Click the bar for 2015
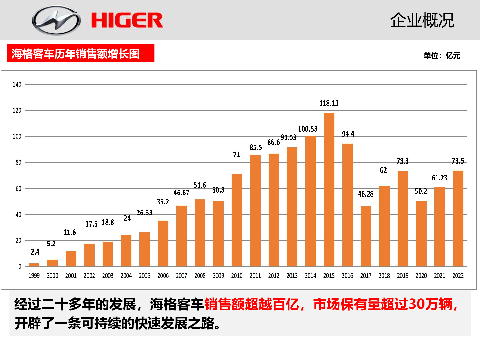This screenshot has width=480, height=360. coord(329,190)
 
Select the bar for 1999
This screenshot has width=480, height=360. coord(34,265)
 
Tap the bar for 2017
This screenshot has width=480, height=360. coord(366,236)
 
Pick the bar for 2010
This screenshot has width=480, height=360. coord(237,220)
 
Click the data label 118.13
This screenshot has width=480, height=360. coord(329,103)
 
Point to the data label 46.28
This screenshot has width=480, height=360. coord(366,194)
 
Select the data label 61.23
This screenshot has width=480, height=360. coord(439,178)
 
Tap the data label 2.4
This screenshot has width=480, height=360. coord(35,252)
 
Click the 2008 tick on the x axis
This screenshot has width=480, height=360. coord(200,276)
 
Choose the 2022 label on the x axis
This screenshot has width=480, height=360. coord(458,276)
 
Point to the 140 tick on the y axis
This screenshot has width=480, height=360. coord(17,84)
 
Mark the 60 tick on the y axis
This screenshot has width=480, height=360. coord(18,189)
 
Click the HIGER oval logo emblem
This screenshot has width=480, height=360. coord(56,20)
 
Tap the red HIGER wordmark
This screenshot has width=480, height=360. coord(127,20)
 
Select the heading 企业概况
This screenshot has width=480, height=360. coord(422,20)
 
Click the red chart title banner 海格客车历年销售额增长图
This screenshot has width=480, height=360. coord(80,53)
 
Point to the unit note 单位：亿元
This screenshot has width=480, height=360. coord(442,56)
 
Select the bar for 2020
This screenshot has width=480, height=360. coord(421,234)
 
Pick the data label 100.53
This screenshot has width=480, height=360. coord(308,129)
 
